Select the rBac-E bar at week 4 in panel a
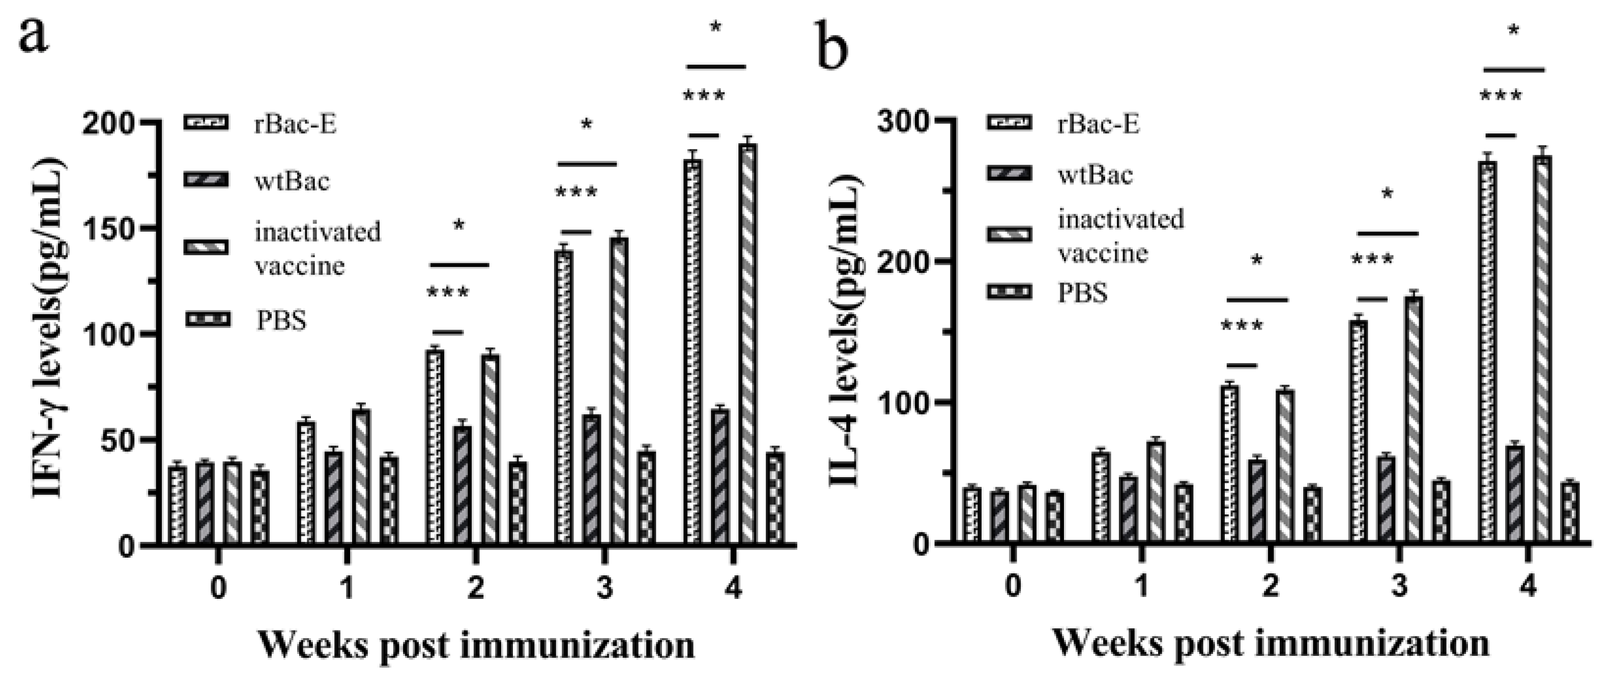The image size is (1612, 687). pos(693,351)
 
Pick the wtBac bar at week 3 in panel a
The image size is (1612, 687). pos(591,479)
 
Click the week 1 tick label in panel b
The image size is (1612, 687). pos(1142,586)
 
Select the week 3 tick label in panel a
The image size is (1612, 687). pos(604,588)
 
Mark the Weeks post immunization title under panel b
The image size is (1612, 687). pos(1271,644)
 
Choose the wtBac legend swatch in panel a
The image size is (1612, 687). pos(207,180)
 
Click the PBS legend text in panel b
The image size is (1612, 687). pos(1083,292)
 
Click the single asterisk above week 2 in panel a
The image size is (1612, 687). pos(458,226)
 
